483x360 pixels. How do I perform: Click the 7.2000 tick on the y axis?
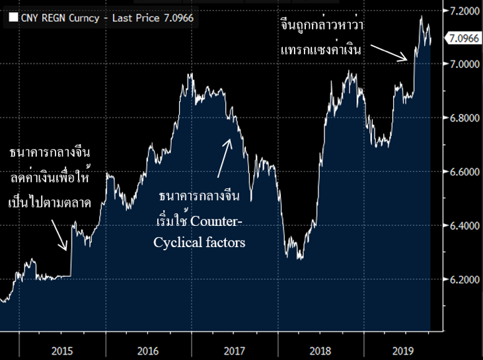coord(461,11)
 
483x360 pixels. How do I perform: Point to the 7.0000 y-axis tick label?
coord(461,64)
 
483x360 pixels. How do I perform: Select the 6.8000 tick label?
coord(461,118)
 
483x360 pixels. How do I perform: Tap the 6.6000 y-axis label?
coord(461,172)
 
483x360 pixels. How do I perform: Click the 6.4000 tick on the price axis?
coord(461,226)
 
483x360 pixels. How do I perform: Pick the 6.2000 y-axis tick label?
coord(461,280)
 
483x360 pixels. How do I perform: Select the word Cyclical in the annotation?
coord(176,242)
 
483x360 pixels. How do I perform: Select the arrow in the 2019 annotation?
coord(389,52)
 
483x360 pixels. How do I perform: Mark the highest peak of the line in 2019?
coord(422,16)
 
